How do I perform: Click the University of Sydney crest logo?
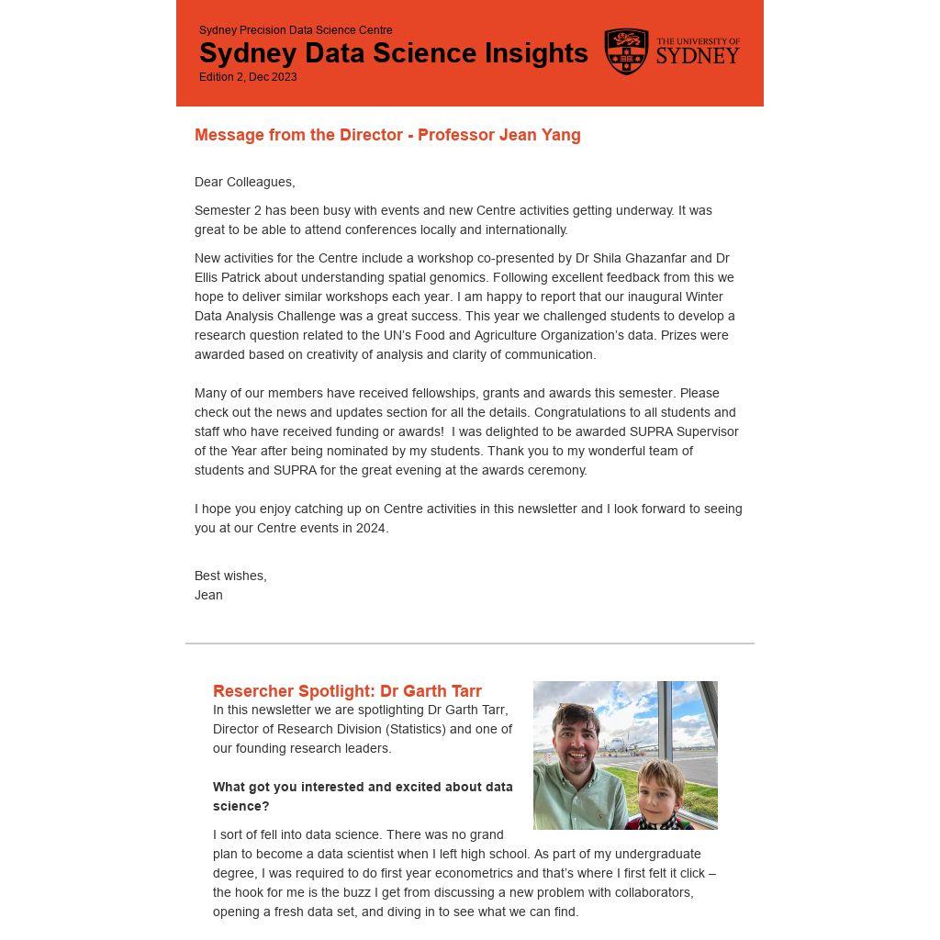[x=626, y=51]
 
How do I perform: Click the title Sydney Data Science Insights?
[x=393, y=53]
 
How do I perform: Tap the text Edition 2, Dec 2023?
[x=248, y=77]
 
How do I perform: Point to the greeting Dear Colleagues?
[x=244, y=182]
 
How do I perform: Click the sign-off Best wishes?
[x=230, y=576]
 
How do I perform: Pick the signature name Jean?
[x=208, y=595]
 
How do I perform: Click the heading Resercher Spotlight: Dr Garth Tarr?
[x=347, y=691]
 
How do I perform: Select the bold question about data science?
[x=363, y=796]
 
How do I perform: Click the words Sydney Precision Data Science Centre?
[x=296, y=30]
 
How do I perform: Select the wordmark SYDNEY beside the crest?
[x=698, y=57]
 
